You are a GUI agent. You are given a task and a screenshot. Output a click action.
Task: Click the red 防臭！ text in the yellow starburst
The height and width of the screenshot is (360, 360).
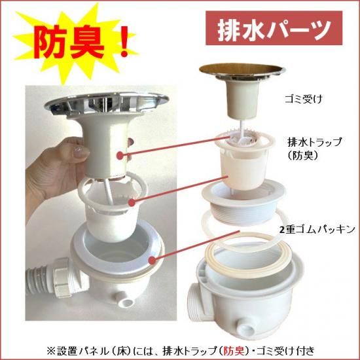click(82, 44)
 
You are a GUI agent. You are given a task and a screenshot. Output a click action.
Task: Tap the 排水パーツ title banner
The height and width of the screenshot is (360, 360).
click(274, 28)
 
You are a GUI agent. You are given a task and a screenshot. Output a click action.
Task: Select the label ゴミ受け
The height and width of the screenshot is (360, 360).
click(304, 99)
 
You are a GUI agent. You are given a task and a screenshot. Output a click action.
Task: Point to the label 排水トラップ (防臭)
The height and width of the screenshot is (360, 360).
click(315, 149)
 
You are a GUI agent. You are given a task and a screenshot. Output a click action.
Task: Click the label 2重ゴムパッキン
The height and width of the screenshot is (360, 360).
click(317, 230)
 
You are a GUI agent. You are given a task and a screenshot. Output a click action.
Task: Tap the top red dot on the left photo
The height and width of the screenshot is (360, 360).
click(120, 155)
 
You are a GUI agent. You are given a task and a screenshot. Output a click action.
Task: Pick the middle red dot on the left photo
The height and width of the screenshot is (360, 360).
click(132, 202)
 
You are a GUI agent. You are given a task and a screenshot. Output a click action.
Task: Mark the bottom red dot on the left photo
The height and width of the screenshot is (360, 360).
click(152, 261)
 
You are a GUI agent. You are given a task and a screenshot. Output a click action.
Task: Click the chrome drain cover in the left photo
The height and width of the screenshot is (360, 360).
click(107, 104)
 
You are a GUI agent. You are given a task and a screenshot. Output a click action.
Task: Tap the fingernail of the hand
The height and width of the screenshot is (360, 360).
click(79, 151)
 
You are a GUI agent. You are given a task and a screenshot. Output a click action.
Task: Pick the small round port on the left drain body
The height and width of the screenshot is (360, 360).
click(126, 301)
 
